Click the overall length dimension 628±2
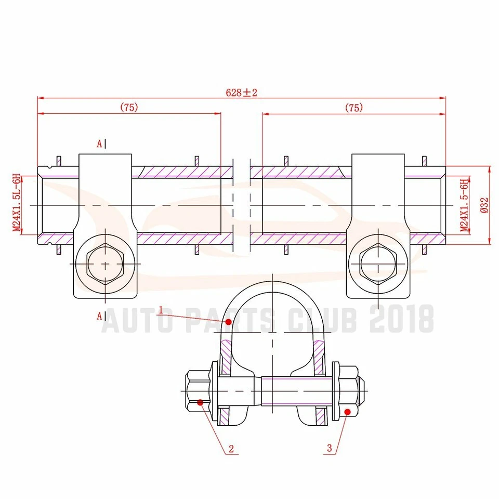(x=242, y=93)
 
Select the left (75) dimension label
(x=129, y=108)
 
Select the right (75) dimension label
(x=354, y=108)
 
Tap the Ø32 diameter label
(x=484, y=205)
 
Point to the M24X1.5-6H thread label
(x=466, y=205)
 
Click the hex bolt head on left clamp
(x=106, y=264)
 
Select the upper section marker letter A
(x=99, y=145)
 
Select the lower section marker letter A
(x=99, y=315)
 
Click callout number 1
(x=161, y=310)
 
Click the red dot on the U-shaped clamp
(x=228, y=322)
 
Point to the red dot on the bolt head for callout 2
(x=201, y=402)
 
